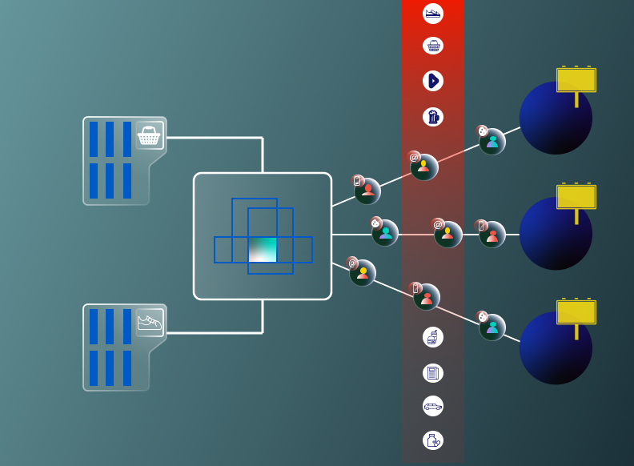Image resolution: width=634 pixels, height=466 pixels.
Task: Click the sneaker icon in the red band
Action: tap(433, 14)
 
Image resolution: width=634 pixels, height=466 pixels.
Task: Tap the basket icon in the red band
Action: tap(433, 46)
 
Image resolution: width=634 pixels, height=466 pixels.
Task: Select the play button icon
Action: tap(433, 81)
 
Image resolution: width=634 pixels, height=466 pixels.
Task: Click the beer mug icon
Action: tap(433, 117)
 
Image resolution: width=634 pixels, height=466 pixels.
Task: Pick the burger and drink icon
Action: tap(433, 337)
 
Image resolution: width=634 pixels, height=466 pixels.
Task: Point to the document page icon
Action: tap(433, 373)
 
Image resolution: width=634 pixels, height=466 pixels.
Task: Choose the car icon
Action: tap(433, 406)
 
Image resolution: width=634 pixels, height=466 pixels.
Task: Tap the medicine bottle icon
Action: tap(433, 440)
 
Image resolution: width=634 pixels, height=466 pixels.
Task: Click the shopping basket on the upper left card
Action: tap(149, 136)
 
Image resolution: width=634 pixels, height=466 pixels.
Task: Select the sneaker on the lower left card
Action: tap(150, 323)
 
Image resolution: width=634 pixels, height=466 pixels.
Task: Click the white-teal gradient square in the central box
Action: tap(263, 249)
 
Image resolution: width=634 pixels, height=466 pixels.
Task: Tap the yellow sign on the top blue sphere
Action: tap(576, 81)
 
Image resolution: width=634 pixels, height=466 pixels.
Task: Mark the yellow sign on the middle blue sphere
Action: tap(576, 197)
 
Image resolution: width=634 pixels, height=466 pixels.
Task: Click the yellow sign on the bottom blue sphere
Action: tap(576, 312)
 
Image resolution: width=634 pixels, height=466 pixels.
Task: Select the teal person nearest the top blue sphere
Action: tap(492, 142)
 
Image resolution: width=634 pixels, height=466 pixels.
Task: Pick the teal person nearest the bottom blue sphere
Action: tap(492, 327)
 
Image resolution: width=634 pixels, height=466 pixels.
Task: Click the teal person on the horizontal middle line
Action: tap(385, 233)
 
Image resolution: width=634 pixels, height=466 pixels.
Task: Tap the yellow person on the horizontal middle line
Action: tap(447, 234)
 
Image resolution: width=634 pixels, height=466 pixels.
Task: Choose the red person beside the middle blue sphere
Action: tap(492, 235)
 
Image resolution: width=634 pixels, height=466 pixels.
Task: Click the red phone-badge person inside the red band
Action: tap(427, 297)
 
